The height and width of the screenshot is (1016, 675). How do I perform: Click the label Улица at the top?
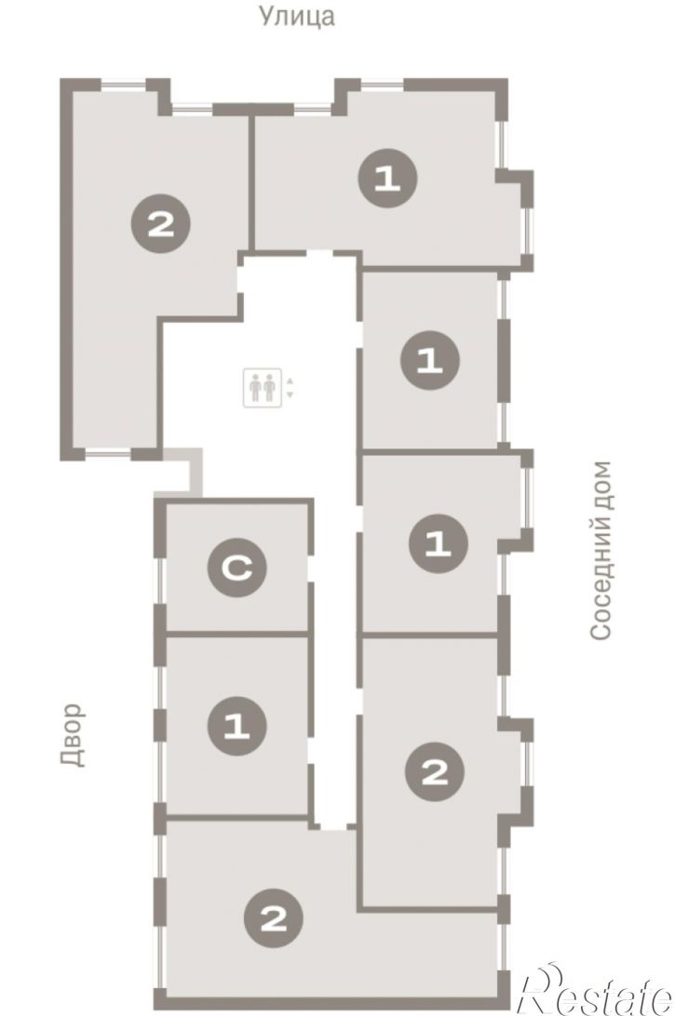pos(297,16)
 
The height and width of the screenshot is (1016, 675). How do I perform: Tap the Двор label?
pos(74,735)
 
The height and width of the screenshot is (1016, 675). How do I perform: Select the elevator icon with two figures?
pos(262,387)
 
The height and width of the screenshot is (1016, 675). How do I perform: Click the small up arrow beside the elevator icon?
pos(290,381)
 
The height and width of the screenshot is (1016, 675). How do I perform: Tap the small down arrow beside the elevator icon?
pos(290,394)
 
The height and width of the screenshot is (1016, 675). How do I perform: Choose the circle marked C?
pos(236,568)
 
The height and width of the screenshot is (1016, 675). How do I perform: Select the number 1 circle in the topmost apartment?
pos(387,179)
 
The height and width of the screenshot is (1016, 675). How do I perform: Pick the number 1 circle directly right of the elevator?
pos(430,360)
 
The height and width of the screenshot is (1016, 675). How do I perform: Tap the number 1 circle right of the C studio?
pos(439,543)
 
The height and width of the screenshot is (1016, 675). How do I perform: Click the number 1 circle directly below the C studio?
pos(236,725)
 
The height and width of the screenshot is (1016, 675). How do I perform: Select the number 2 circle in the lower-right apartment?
pos(435,771)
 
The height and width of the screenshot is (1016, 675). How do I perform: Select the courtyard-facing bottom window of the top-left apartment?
pos(108,454)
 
